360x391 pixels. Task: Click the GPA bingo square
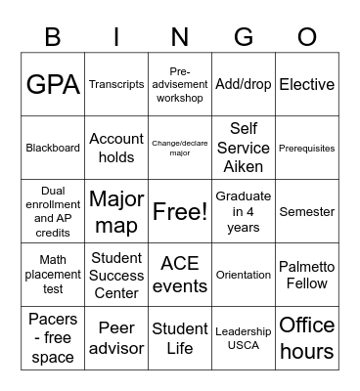coord(53,85)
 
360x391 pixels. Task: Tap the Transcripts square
coord(116,85)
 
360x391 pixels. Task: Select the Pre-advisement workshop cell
coord(180,85)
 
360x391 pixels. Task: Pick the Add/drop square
coord(244,85)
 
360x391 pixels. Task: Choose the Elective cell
coord(307,85)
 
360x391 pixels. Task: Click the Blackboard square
coord(53,149)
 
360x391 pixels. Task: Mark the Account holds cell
coord(116,149)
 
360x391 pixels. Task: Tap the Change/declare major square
coord(180,149)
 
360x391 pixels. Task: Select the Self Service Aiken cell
coord(244,149)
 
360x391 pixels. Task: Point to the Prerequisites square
coord(307,149)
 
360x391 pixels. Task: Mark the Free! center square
coord(180,211)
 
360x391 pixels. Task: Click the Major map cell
coord(116,211)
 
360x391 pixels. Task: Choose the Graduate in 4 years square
coord(244,211)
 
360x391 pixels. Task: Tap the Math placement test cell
coord(53,275)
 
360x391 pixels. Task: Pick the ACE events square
coord(180,275)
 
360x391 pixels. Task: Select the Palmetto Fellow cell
coord(307,275)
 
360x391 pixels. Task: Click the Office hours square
coord(307,337)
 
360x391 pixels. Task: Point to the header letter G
coord(244,38)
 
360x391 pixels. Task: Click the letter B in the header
coord(53,38)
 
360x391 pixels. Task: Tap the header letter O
coord(307,38)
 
